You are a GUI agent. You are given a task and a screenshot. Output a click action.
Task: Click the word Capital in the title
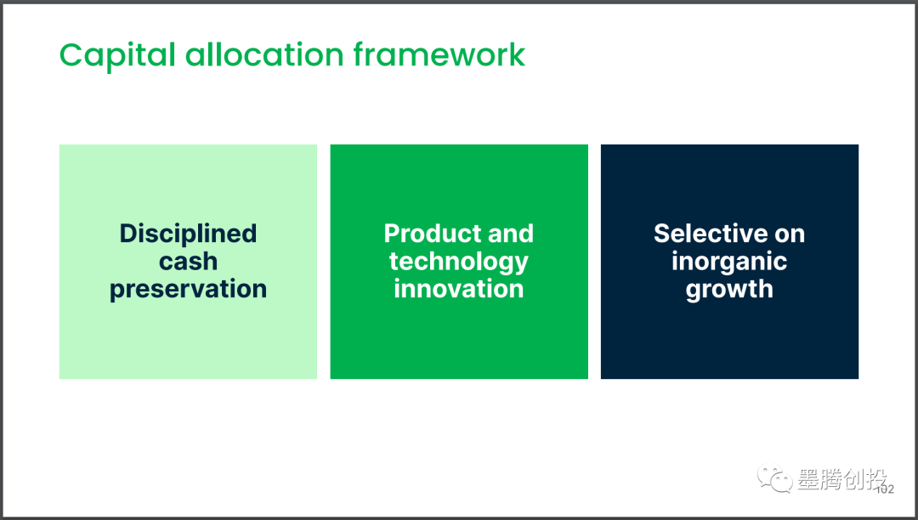[x=117, y=55]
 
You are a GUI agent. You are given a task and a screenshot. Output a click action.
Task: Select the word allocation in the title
[x=264, y=54]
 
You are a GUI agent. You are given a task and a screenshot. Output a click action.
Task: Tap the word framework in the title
[x=439, y=54]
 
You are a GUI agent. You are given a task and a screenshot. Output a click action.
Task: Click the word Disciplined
[x=188, y=234]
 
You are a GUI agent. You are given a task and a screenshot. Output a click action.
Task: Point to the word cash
[x=188, y=261]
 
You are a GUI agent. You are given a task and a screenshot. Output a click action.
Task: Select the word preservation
[x=188, y=289]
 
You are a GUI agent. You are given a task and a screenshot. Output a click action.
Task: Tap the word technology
[x=458, y=262]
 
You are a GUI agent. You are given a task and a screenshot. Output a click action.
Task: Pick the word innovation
[x=458, y=289]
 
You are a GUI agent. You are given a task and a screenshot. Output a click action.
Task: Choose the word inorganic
[x=729, y=262]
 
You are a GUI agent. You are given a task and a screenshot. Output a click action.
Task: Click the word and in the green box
[x=511, y=234]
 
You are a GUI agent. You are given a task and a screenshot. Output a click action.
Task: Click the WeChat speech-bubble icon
[x=774, y=478]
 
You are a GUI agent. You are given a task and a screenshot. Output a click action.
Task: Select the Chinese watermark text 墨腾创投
[x=841, y=479]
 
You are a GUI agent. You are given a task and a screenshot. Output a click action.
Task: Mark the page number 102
[x=885, y=489]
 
